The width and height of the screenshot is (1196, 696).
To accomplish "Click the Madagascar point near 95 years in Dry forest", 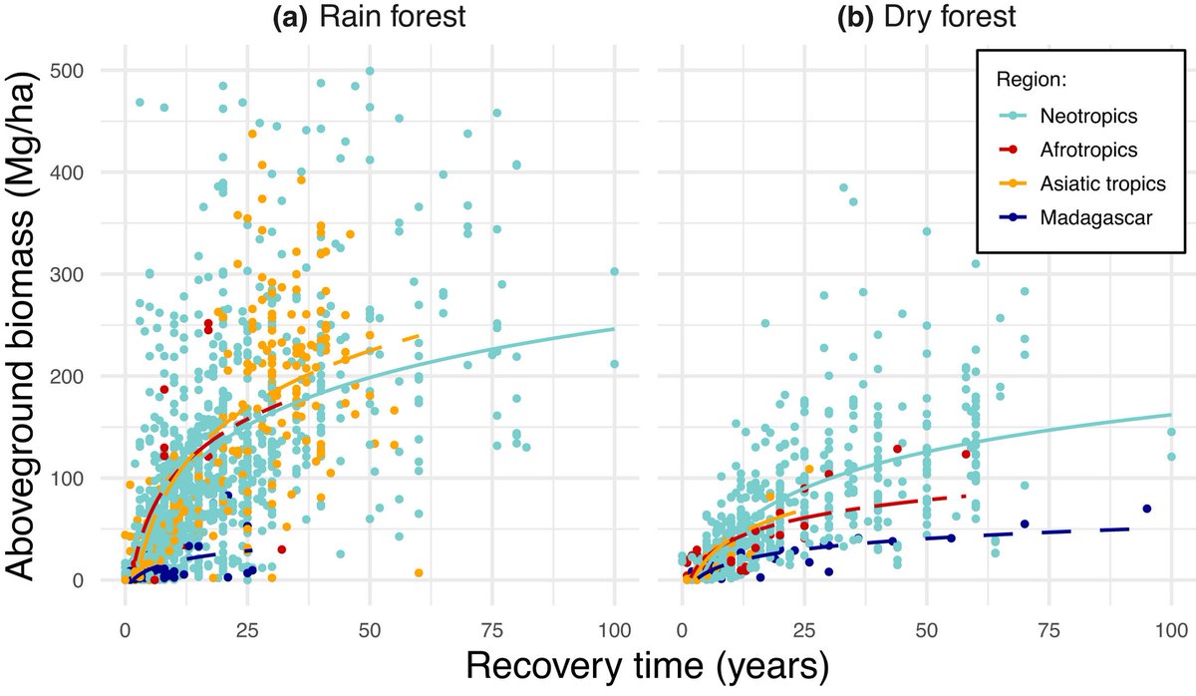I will click(1147, 509).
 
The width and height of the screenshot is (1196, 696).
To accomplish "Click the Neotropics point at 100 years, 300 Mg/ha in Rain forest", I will click(614, 271).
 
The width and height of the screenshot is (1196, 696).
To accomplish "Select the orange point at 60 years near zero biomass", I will click(419, 572).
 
